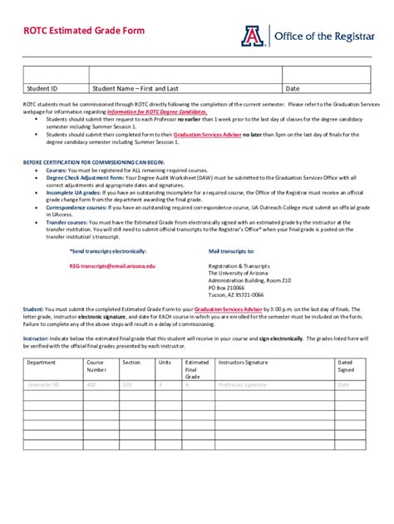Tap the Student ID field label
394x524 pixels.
pos(42,87)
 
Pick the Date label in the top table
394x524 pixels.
pos(293,87)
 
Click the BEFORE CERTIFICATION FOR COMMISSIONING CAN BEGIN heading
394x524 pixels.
pos(93,161)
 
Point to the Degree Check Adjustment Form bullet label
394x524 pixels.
pos(85,177)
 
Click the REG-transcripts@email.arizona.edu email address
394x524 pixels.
pos(112,264)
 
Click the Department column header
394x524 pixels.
pos(42,363)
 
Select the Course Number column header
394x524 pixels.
pos(96,367)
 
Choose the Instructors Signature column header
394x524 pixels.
pos(244,363)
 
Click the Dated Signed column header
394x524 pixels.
pos(345,367)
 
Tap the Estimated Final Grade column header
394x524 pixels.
pos(196,369)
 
